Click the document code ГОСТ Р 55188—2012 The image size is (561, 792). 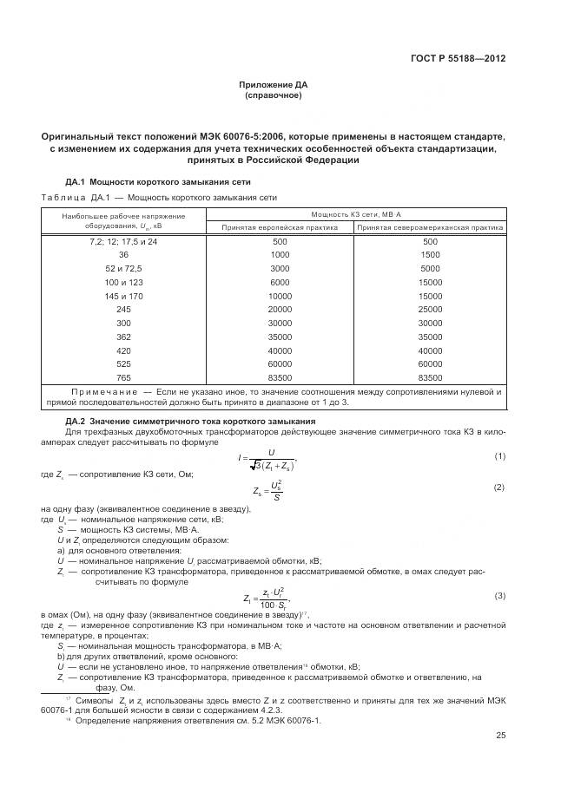458,59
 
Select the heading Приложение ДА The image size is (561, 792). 274,85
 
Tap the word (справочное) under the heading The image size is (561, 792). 274,95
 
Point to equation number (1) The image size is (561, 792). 499,455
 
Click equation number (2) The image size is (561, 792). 499,488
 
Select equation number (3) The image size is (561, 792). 499,595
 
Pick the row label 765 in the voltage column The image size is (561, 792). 123,378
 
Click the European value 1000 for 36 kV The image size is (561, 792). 280,255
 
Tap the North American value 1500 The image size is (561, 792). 429,255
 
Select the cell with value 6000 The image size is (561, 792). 280,283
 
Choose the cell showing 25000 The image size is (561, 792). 429,310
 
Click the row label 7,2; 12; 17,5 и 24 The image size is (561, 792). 123,241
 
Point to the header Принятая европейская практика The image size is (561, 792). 280,227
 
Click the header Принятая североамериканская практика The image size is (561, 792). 429,227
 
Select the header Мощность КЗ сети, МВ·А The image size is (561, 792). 354,214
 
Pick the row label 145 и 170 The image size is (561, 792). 123,296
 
